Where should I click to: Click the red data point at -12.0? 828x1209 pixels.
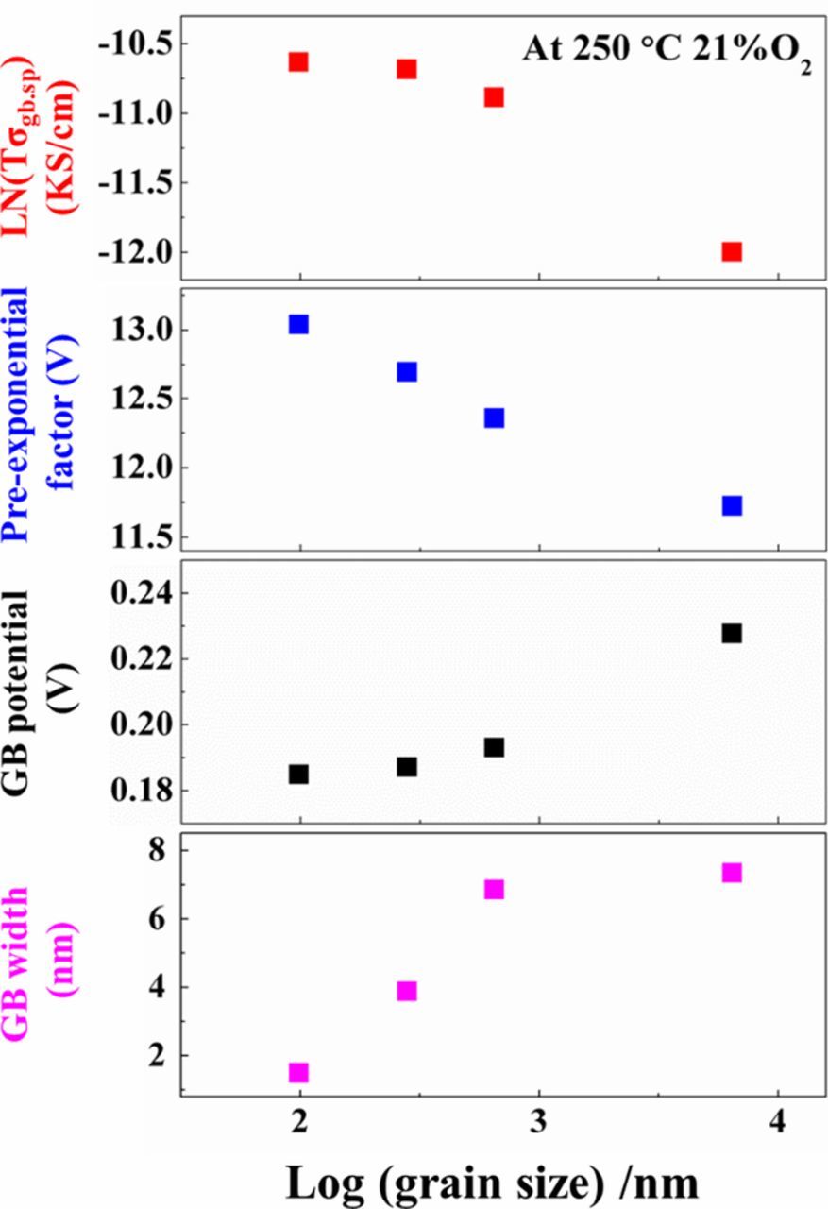tap(732, 251)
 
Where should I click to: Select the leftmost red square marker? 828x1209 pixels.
tap(299, 61)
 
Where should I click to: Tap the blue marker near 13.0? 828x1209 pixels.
tap(299, 324)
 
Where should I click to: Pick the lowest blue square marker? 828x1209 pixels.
tap(732, 505)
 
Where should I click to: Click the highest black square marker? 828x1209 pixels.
tap(732, 633)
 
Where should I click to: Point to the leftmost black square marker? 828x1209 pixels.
tap(299, 774)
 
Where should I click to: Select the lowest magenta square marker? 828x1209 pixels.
tap(299, 1072)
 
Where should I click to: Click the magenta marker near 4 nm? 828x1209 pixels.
tap(407, 991)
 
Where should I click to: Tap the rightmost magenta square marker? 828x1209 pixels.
tap(732, 873)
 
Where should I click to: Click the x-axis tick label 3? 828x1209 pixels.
tap(539, 1125)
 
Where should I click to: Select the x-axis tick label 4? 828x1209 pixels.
tap(778, 1125)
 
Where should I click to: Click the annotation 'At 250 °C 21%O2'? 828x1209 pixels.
tap(667, 52)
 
